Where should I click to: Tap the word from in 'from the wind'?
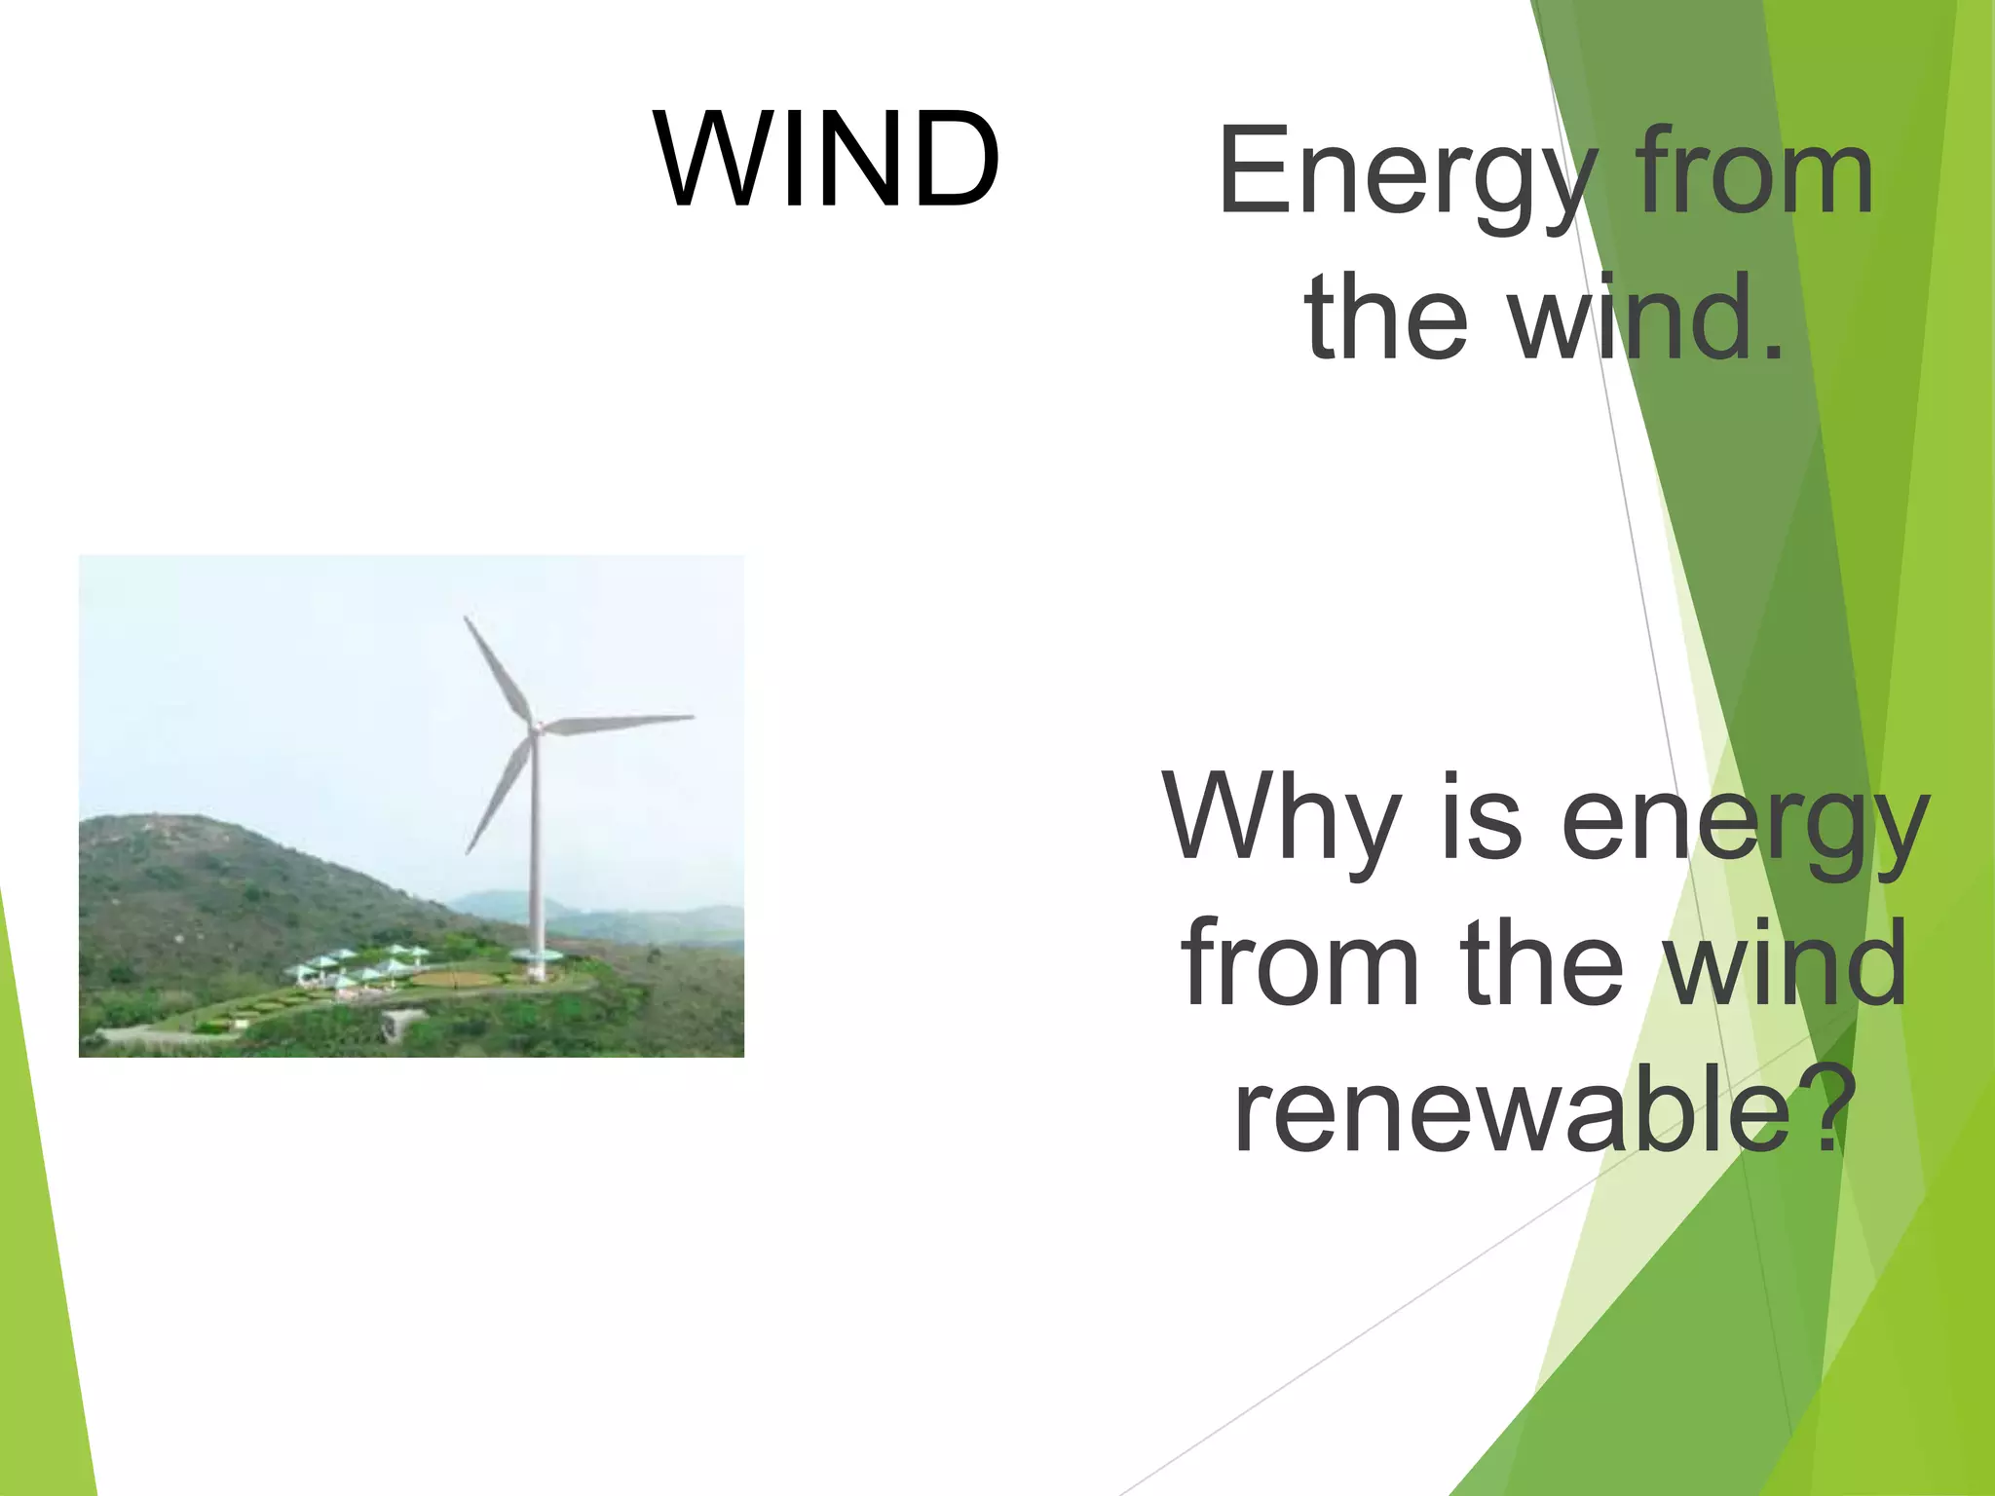tap(1300, 964)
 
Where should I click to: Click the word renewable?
tap(1510, 1110)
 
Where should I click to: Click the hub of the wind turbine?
tap(535, 727)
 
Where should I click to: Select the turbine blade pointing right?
tap(619, 722)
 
